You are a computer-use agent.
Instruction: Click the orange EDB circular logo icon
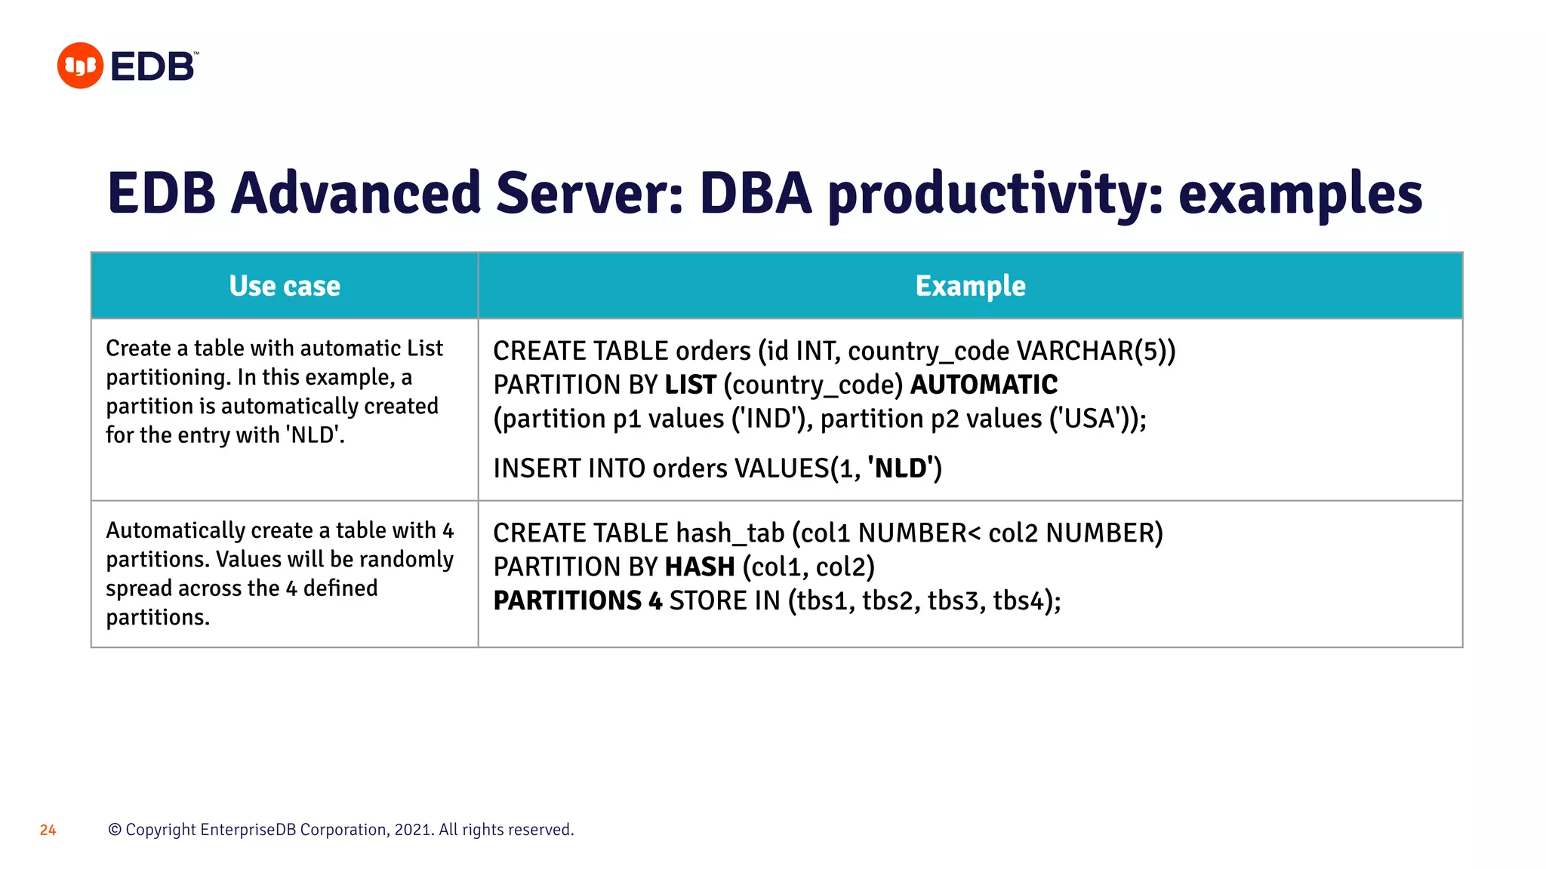click(x=80, y=66)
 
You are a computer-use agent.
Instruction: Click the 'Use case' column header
click(x=285, y=286)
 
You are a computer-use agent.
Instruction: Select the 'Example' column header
click(x=970, y=286)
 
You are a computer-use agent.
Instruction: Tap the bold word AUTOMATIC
click(x=984, y=385)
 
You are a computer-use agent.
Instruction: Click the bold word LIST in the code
click(x=690, y=385)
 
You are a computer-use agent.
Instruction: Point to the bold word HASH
click(x=699, y=567)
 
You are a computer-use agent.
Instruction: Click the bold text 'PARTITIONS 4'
click(x=577, y=600)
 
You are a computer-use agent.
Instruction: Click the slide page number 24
click(x=48, y=830)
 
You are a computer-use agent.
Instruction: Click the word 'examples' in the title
click(x=1300, y=193)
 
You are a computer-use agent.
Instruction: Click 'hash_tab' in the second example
click(x=730, y=533)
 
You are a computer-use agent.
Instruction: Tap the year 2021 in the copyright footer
click(x=412, y=830)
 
